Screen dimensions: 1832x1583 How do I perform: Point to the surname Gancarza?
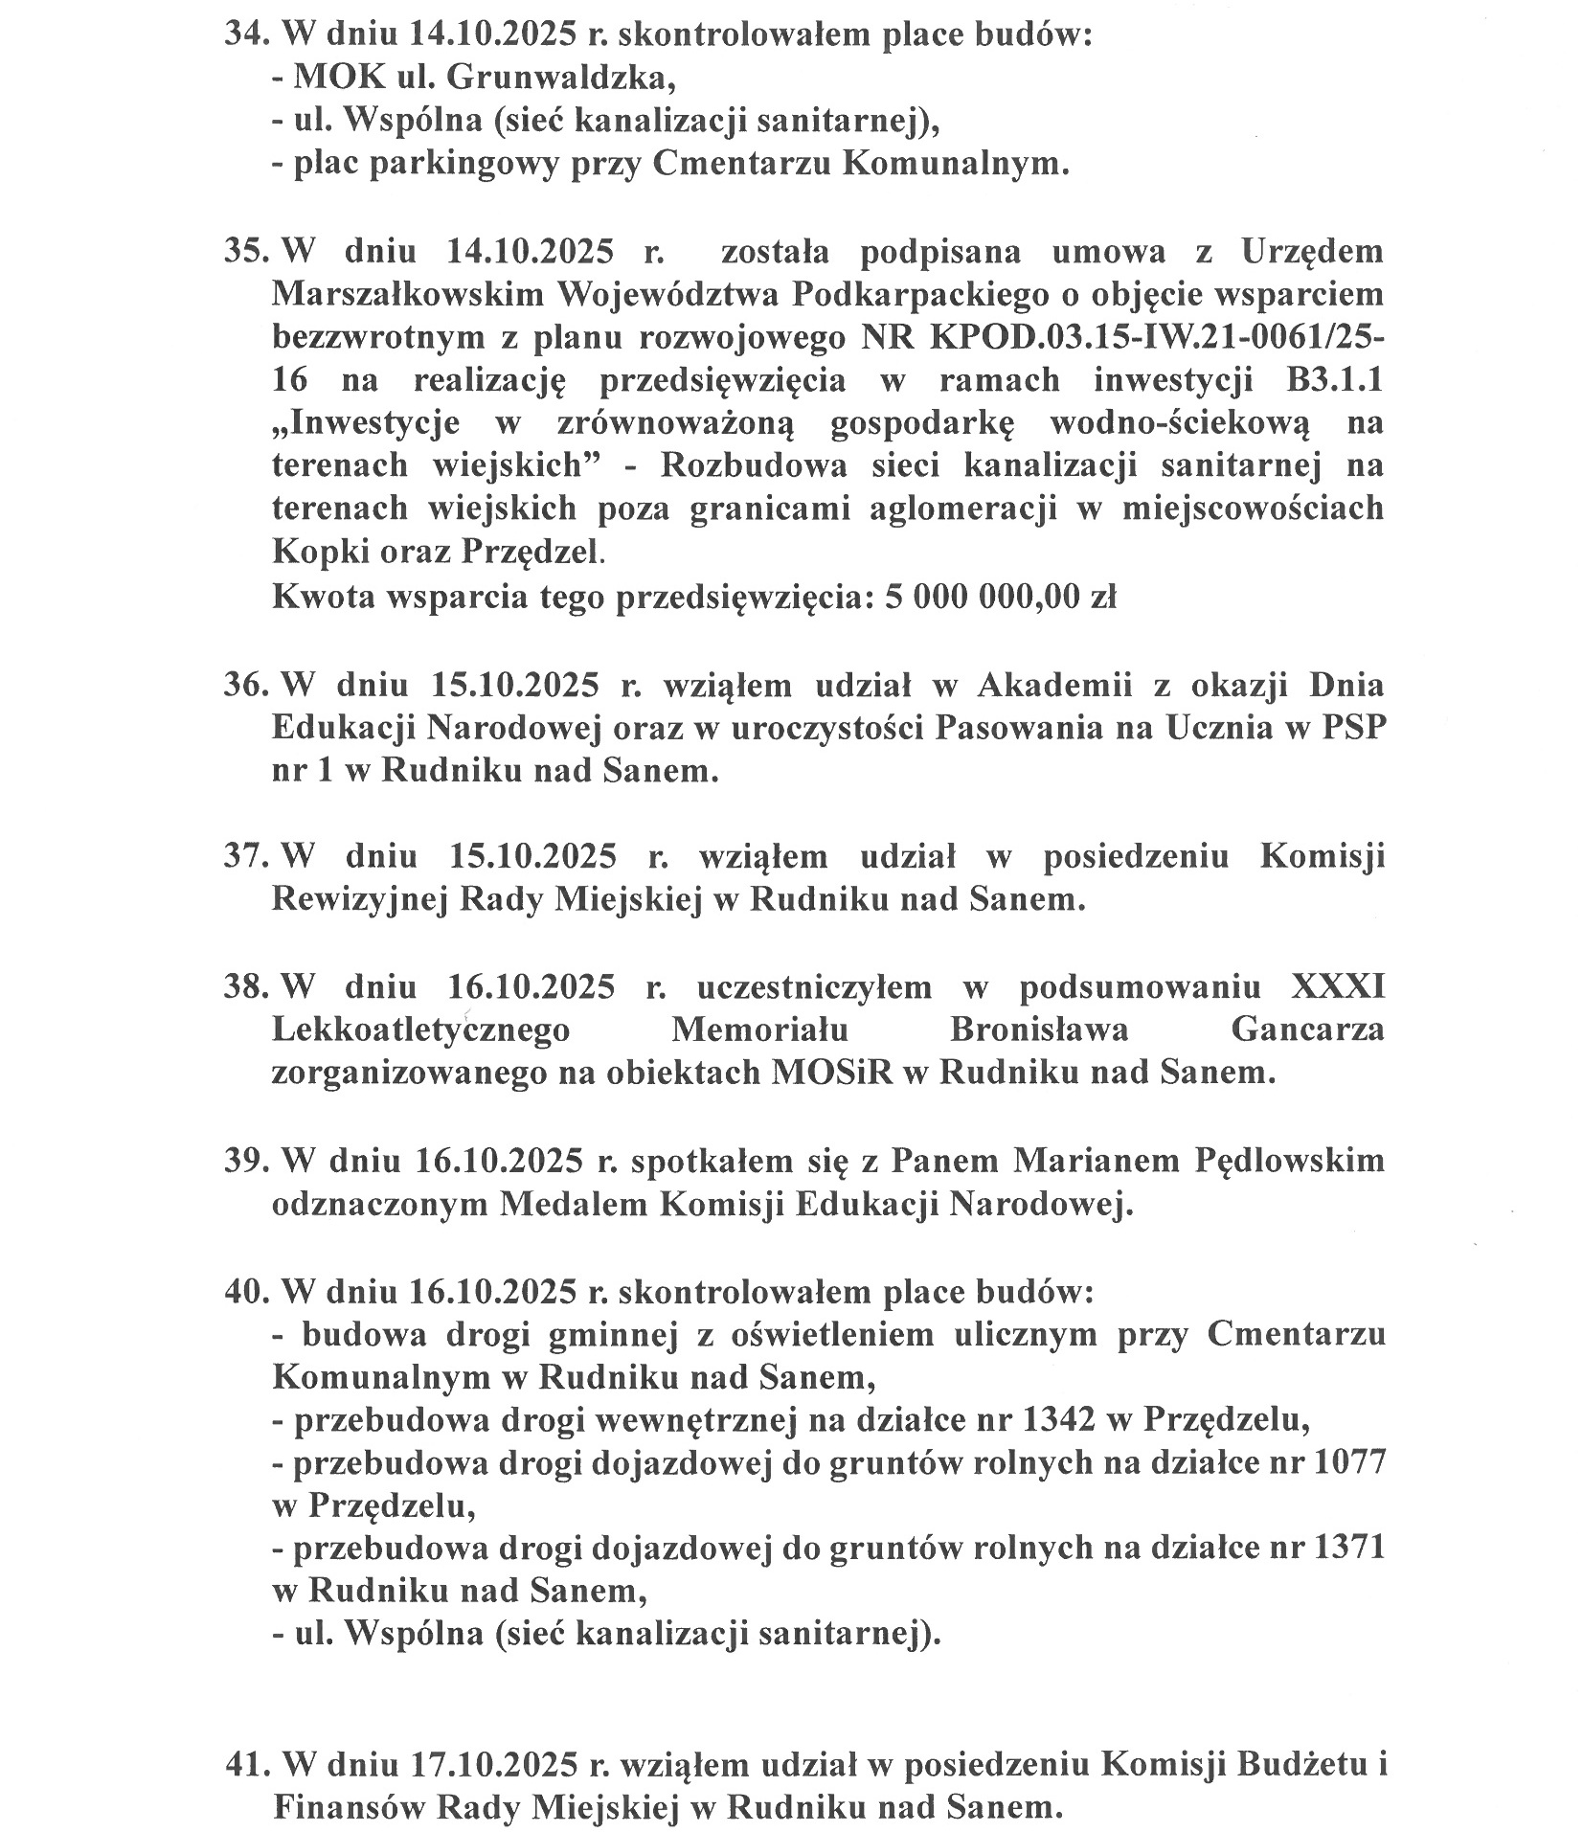1307,1029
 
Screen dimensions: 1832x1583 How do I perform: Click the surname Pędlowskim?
1290,1161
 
